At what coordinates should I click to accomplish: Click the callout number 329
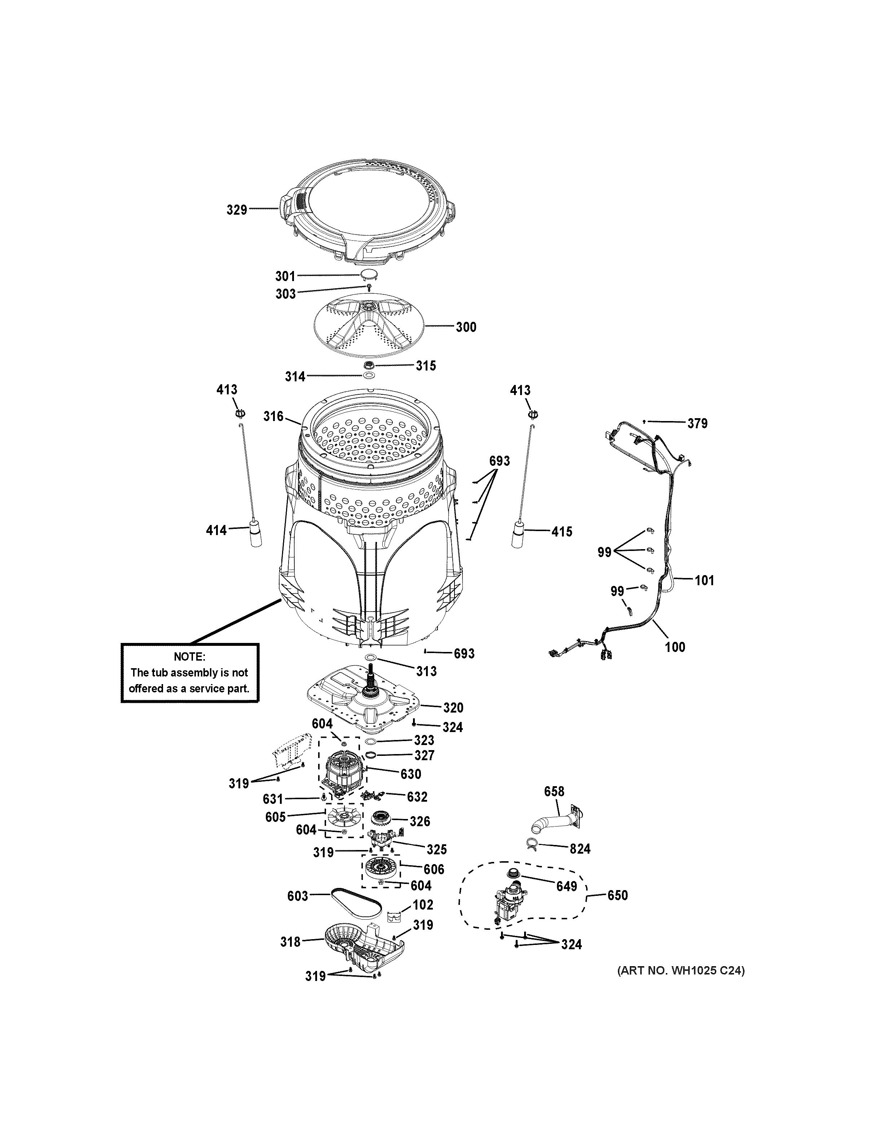pos(237,210)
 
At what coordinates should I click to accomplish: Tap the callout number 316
pos(273,417)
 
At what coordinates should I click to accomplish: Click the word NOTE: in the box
pos(189,657)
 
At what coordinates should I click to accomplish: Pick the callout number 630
pos(410,774)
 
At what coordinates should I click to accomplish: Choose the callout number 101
pos(704,581)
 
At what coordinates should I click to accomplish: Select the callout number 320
pos(453,708)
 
